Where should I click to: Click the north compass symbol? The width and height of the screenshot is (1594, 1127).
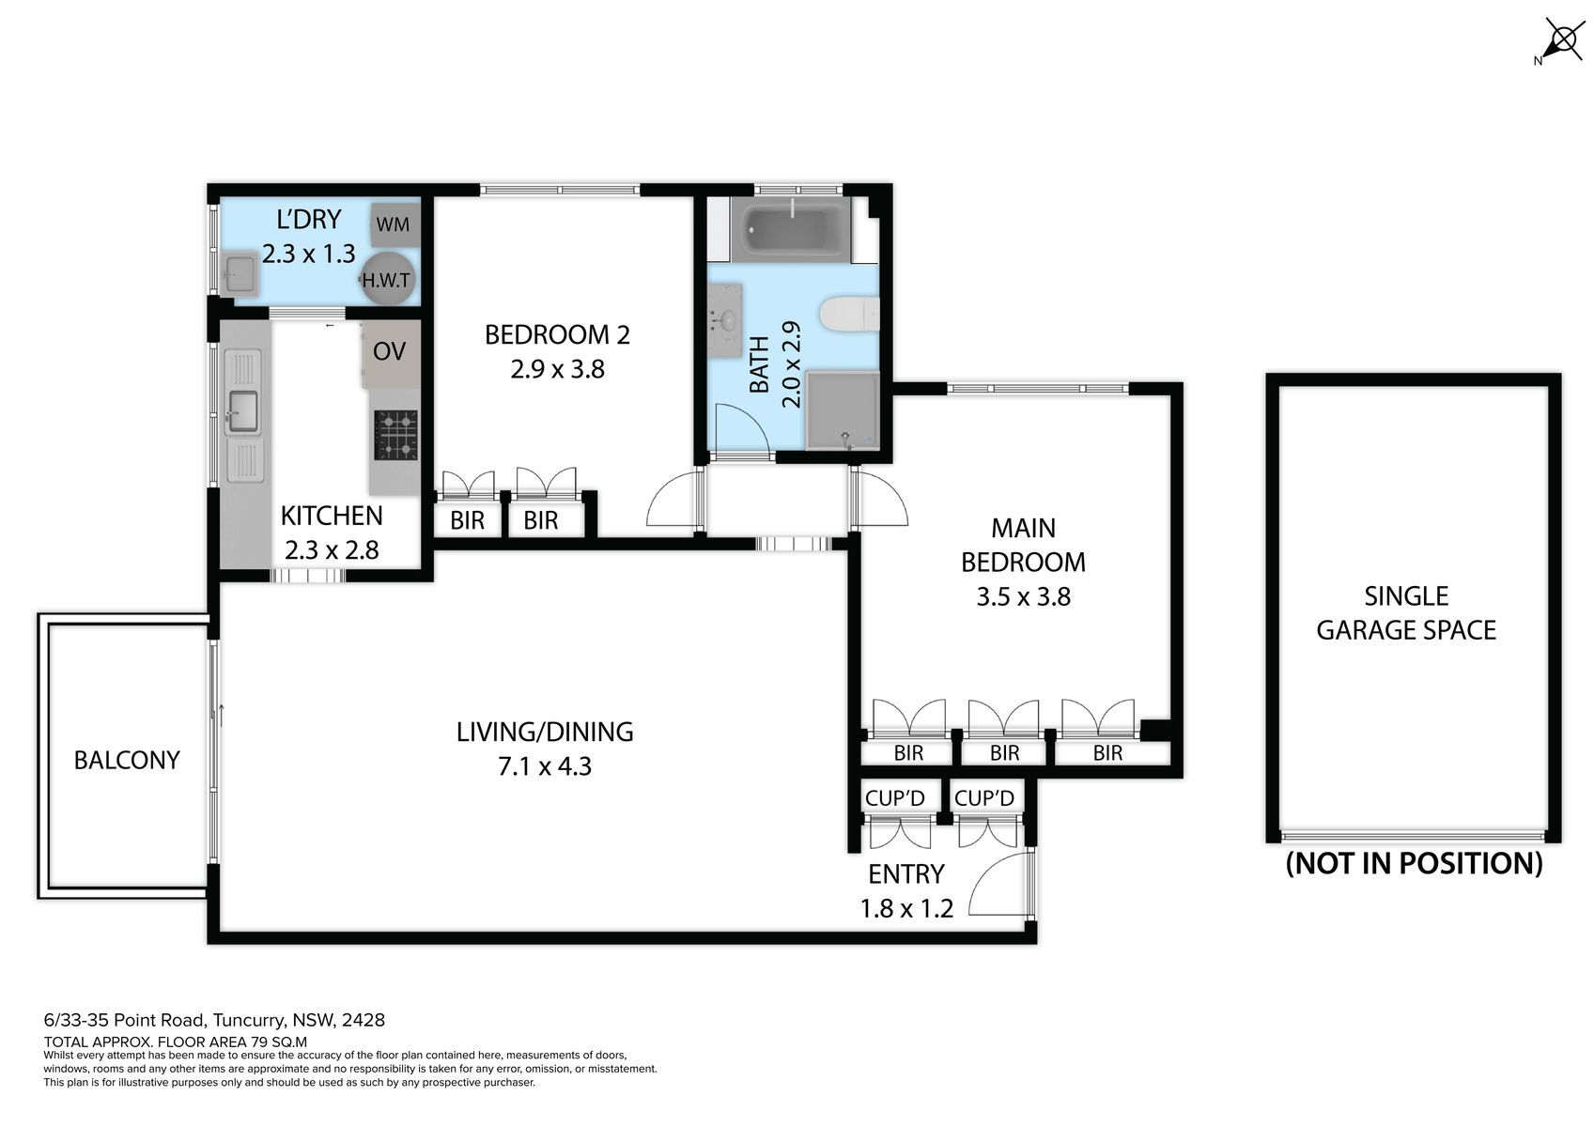[x=1561, y=40]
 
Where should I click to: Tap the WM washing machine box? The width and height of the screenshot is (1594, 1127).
[x=394, y=224]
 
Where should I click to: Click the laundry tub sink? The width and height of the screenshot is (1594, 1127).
[x=240, y=273]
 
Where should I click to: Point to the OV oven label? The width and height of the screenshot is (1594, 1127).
[x=389, y=350]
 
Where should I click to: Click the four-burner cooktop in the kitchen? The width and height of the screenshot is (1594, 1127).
[x=395, y=435]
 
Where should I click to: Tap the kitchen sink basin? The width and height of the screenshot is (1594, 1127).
[x=242, y=411]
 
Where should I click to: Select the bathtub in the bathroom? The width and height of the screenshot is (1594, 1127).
[x=790, y=229]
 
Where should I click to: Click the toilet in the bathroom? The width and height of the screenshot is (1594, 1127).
[x=850, y=315]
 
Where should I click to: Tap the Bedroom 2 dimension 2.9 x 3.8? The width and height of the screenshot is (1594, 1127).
[x=557, y=369]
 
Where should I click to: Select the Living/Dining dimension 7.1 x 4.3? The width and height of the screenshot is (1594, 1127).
[x=545, y=766]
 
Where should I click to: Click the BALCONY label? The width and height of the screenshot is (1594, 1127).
[x=127, y=760]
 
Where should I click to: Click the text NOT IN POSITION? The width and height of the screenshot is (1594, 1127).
[x=1414, y=864]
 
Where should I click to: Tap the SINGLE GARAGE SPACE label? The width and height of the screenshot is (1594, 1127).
[x=1406, y=612]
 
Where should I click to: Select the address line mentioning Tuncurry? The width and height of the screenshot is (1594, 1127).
[x=214, y=1020]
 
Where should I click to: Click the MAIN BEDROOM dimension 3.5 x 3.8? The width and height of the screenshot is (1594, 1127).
[x=1023, y=596]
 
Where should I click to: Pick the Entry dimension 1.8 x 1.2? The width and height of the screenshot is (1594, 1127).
[x=906, y=908]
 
